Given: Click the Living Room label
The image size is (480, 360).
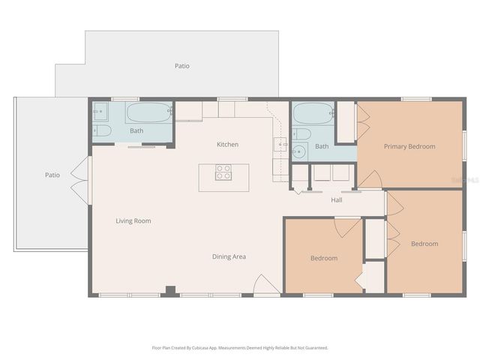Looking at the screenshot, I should pyautogui.click(x=133, y=221).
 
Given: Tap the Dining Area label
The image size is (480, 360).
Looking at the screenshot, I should pyautogui.click(x=229, y=256).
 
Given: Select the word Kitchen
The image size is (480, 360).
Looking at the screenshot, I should pyautogui.click(x=227, y=144).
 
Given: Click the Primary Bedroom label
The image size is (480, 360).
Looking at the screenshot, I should pyautogui.click(x=409, y=146).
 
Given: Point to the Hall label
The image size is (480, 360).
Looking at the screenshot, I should pyautogui.click(x=337, y=200).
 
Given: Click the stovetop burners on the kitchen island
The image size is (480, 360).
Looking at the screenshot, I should pyautogui.click(x=223, y=172).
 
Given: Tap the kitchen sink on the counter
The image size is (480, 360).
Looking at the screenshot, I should pyautogui.click(x=283, y=145).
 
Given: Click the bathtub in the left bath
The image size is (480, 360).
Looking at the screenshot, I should pyautogui.click(x=149, y=112).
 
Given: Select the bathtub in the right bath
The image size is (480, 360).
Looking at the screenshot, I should pyautogui.click(x=311, y=113).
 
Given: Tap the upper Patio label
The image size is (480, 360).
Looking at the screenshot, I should pyautogui.click(x=181, y=66).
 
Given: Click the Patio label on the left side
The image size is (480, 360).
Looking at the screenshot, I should pyautogui.click(x=52, y=175).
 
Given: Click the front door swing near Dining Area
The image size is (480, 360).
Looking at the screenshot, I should pyautogui.click(x=267, y=285).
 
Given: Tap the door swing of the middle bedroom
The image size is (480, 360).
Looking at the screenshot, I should pyautogui.click(x=347, y=227).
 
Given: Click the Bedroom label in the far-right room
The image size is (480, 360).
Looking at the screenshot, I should pyautogui.click(x=424, y=244).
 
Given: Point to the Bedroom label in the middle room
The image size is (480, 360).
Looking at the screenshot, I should pyautogui.click(x=324, y=258).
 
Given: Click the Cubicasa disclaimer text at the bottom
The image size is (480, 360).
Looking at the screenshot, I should pyautogui.click(x=240, y=348).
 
